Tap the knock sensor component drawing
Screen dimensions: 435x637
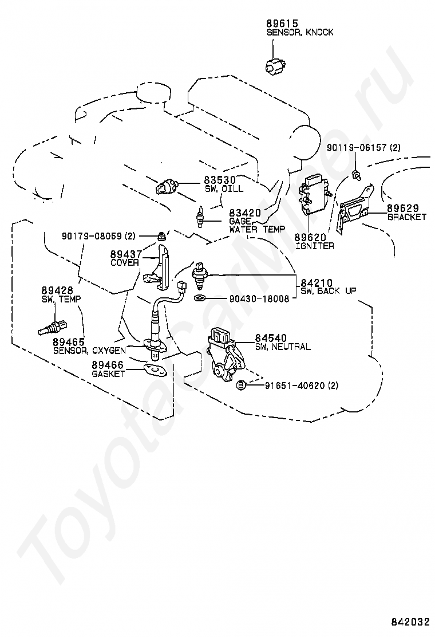276,65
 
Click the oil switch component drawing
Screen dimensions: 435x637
167,187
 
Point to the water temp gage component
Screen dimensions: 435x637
200,217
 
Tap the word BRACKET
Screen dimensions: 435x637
407,217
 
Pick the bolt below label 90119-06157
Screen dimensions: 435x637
357,175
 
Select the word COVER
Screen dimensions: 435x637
125,263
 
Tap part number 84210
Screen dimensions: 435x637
317,282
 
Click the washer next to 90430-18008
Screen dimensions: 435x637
199,298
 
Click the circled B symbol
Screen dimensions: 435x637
240,385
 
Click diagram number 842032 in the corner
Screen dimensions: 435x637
410,622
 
